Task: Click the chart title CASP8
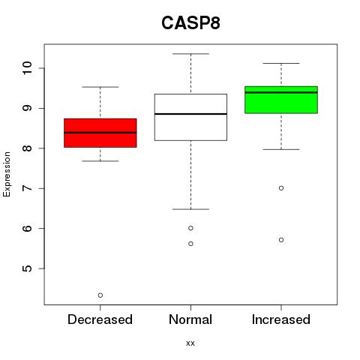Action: click(x=190, y=23)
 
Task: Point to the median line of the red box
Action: click(x=100, y=133)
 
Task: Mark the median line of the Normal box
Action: click(x=190, y=114)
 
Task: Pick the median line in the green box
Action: click(x=281, y=92)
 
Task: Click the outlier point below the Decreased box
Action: click(x=100, y=295)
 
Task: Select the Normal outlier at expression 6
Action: click(x=190, y=228)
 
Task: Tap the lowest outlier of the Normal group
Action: click(x=190, y=244)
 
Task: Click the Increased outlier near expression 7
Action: click(x=281, y=188)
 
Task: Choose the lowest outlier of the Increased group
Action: click(x=281, y=240)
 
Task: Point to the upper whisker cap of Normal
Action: click(x=190, y=54)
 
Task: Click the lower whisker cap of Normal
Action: click(x=190, y=209)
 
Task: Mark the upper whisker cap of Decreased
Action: click(x=100, y=87)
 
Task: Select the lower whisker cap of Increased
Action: click(x=281, y=149)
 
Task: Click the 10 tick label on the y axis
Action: click(x=27, y=68)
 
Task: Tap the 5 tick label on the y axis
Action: click(x=27, y=268)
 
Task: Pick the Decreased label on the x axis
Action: click(x=100, y=319)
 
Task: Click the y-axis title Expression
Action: click(x=7, y=174)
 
